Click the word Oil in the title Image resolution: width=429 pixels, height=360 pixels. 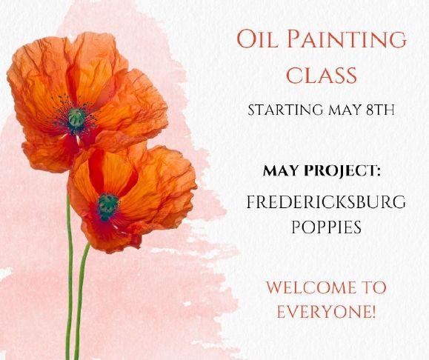pos(257,39)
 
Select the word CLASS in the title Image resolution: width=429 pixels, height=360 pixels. pos(322,75)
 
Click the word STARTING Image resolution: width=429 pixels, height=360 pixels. pos(285,110)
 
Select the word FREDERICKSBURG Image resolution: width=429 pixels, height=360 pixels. pos(326,202)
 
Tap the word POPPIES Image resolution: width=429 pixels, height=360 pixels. pos(326,227)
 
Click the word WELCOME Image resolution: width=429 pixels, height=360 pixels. pos(312,287)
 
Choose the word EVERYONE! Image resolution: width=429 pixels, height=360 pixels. pos(326,312)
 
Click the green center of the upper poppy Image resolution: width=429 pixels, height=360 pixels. pos(76,118)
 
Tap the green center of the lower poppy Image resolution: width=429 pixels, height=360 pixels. pos(107,204)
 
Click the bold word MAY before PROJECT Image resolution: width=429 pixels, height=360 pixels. pos(282,171)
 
